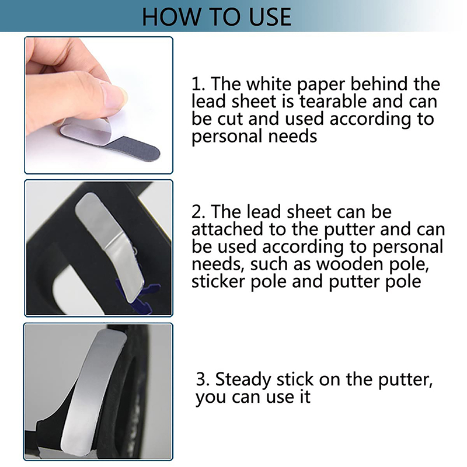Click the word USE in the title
tap(270, 17)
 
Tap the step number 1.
tap(197, 83)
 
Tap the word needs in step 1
tap(292, 137)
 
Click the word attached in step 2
tap(227, 229)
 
